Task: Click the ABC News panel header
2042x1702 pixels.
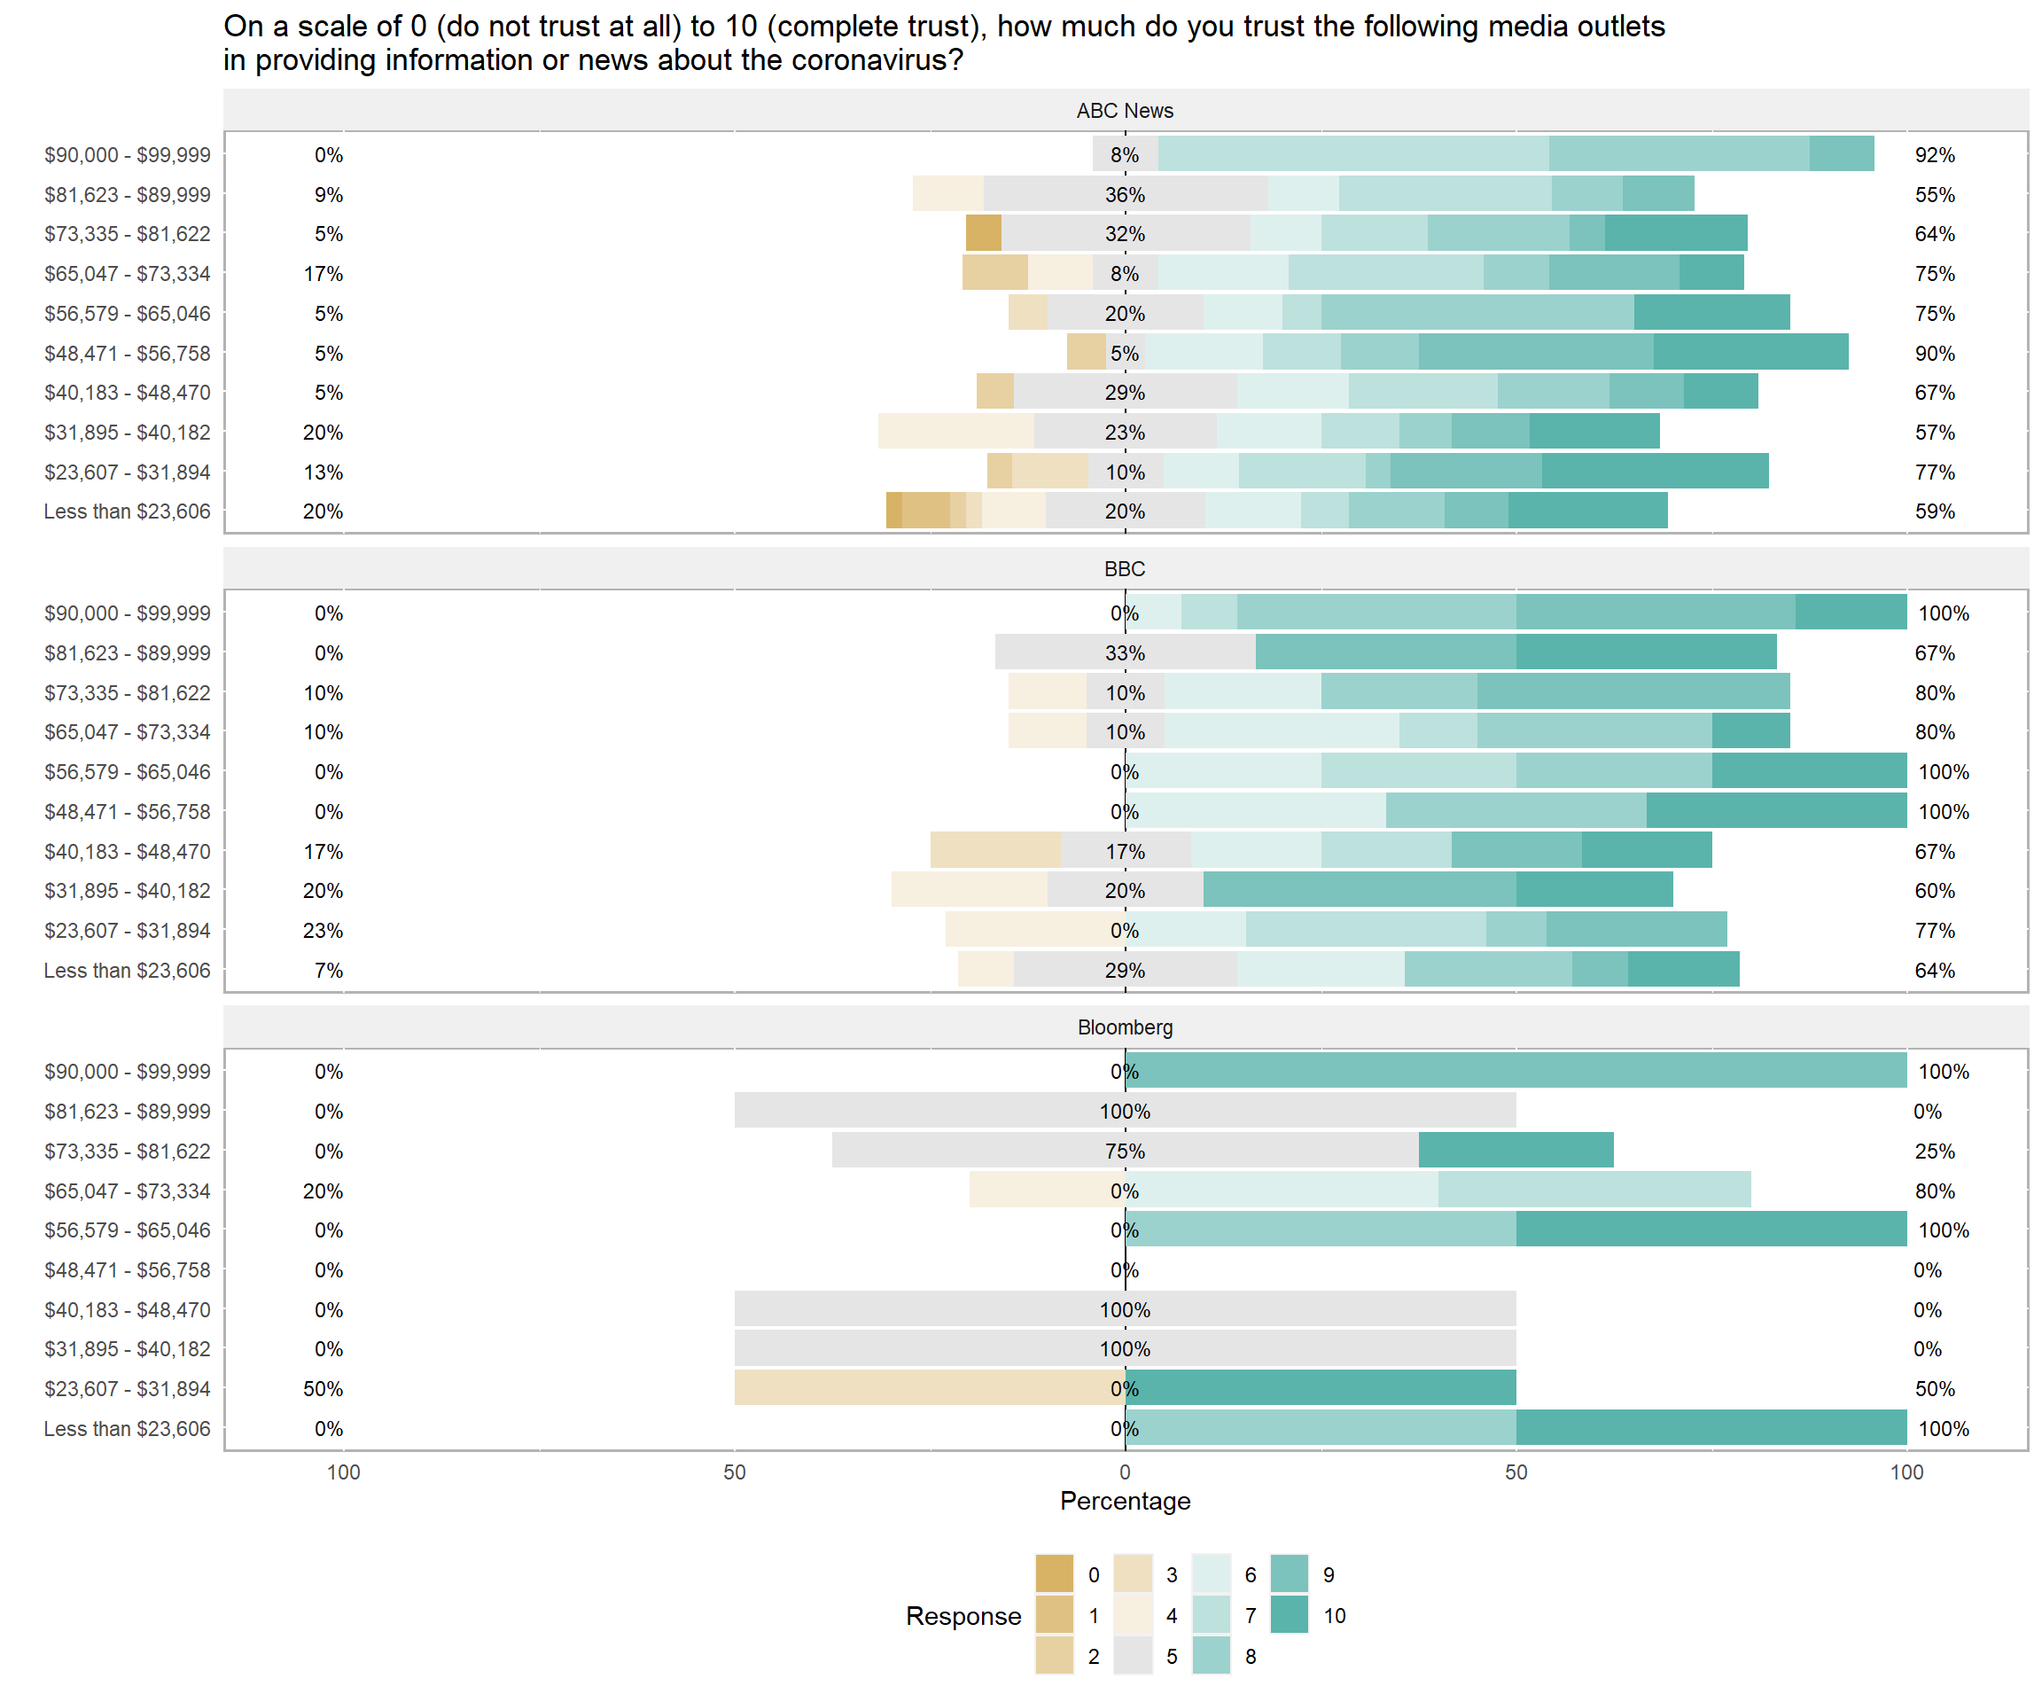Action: (x=1124, y=111)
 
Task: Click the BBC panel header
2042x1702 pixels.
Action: (x=1124, y=569)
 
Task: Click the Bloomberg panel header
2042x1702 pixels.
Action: (x=1124, y=1027)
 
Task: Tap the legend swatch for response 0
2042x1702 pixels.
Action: (x=1054, y=1573)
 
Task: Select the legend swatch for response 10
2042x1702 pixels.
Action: (x=1290, y=1614)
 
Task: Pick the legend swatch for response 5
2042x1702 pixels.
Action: (x=1133, y=1655)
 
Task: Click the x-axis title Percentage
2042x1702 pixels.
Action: (x=1124, y=1501)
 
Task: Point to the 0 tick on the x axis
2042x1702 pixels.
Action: (x=1124, y=1472)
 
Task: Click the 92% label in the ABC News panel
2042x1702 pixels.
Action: (x=1934, y=154)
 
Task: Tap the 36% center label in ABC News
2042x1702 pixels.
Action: (x=1124, y=194)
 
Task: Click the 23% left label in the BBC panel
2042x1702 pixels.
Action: (x=323, y=931)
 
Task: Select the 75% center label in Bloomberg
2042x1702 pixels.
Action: (x=1124, y=1151)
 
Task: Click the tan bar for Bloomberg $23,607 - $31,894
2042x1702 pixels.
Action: (x=929, y=1388)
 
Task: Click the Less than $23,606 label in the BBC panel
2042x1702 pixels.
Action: (x=127, y=971)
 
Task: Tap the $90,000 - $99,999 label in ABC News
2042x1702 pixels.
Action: (x=127, y=154)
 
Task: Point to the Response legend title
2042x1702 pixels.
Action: (x=963, y=1615)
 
